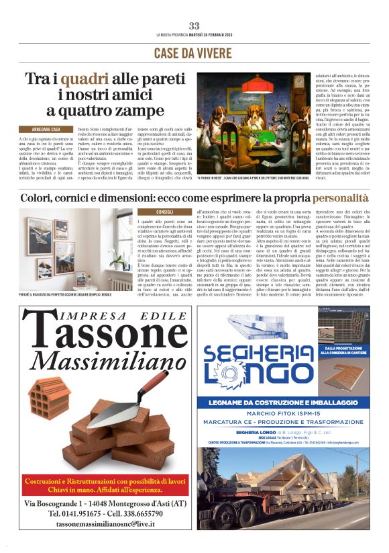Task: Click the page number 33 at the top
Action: click(x=194, y=26)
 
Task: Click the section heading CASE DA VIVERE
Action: click(x=194, y=52)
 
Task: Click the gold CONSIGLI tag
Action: click(x=164, y=212)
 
